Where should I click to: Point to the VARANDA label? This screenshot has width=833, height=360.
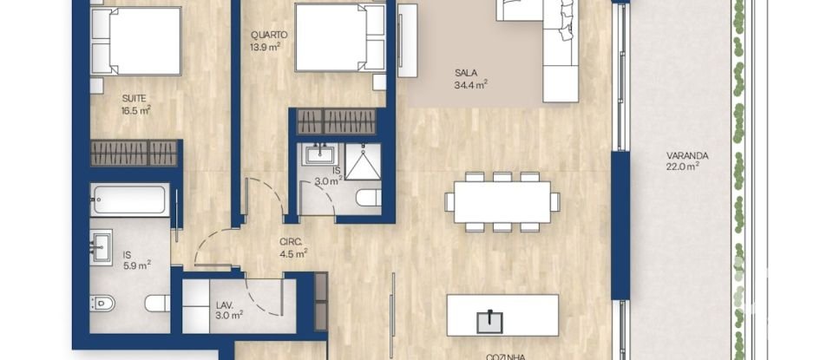tap(687, 156)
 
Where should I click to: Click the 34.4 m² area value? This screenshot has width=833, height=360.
tap(470, 85)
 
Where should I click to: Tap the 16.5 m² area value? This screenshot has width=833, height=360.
tap(136, 110)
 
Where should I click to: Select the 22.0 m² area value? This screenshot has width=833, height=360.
tap(683, 167)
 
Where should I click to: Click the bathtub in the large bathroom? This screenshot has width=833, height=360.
tap(128, 200)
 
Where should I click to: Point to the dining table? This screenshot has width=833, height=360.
tap(502, 202)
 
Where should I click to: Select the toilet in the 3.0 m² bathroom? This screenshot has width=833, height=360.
tap(369, 199)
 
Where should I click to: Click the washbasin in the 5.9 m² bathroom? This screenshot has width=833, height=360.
tap(101, 245)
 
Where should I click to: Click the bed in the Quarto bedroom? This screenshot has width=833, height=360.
tap(338, 38)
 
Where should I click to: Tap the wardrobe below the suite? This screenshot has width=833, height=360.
tap(134, 153)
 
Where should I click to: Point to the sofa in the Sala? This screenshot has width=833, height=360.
tap(550, 48)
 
